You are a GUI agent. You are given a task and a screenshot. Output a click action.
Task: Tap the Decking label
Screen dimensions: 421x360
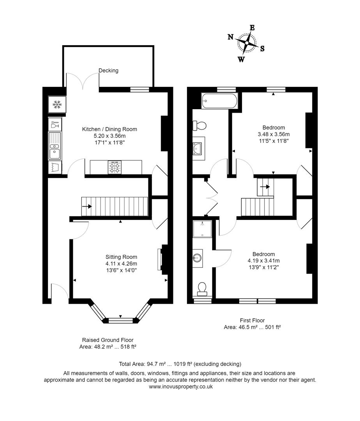[x=108, y=71]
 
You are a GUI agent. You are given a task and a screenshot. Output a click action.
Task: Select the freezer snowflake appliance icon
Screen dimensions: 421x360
[x=57, y=104]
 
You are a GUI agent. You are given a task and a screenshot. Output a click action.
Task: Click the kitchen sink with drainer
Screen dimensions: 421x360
[x=55, y=146]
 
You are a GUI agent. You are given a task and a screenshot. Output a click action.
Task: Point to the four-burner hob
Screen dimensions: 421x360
[x=115, y=168]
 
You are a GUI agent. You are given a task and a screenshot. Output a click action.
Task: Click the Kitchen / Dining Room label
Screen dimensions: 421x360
[x=109, y=129]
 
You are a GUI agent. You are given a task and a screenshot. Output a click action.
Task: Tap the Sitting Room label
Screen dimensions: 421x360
[x=121, y=257]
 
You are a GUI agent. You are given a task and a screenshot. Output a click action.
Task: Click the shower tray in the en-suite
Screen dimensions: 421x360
[x=203, y=229]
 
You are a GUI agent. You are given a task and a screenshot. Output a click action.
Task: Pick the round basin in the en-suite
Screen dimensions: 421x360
[x=198, y=257]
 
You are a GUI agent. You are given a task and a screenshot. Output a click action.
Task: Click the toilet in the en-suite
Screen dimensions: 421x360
[x=202, y=288]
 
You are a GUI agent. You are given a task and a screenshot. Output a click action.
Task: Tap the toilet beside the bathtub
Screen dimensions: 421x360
[x=199, y=126]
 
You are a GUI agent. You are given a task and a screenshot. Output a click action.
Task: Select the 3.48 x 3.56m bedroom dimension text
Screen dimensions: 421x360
[x=274, y=134]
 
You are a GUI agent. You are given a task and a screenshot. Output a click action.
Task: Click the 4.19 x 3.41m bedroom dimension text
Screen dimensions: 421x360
[x=263, y=261]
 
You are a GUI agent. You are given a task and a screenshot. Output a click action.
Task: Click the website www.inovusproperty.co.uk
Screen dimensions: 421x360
[x=181, y=387]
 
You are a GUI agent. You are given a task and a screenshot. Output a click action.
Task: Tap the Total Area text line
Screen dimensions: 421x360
[x=180, y=364]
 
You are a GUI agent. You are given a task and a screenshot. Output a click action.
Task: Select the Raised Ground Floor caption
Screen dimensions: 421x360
[x=108, y=340]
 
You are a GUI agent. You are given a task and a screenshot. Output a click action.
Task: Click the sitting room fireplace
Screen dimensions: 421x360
[x=159, y=259]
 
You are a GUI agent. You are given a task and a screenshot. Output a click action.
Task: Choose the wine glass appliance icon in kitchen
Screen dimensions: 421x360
[x=55, y=125]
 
